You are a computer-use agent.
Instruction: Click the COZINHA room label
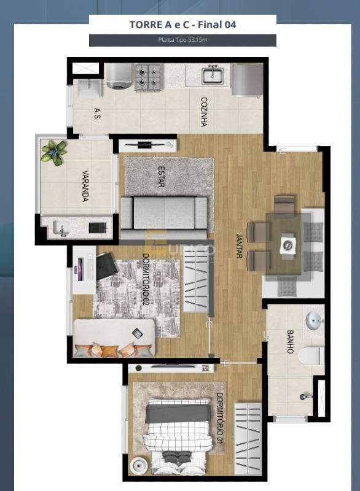(x=203, y=112)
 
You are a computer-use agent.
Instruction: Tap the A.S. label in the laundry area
(x=97, y=113)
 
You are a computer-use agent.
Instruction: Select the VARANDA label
(x=85, y=185)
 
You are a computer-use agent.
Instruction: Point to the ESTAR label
(x=161, y=177)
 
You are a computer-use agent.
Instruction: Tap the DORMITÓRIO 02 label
(x=146, y=279)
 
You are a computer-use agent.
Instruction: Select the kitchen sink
(x=213, y=75)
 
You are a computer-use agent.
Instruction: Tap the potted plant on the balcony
(x=54, y=150)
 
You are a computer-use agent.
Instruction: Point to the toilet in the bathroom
(x=312, y=355)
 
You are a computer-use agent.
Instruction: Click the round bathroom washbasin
(x=314, y=320)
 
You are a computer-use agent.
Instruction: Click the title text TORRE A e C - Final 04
(x=182, y=25)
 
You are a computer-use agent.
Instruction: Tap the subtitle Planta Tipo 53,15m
(x=182, y=41)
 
